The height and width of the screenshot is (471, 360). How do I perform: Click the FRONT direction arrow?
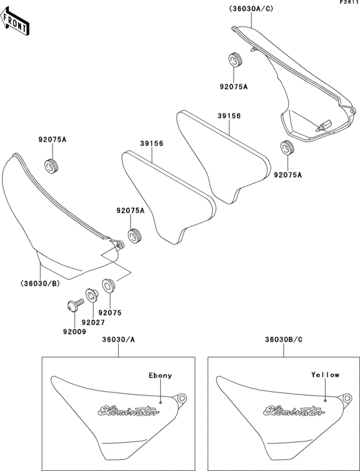(14, 22)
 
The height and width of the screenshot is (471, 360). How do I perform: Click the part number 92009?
(75, 332)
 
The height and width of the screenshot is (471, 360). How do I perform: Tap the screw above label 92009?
(75, 304)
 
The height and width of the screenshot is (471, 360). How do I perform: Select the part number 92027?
(93, 322)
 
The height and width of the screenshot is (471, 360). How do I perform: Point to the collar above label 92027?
(91, 295)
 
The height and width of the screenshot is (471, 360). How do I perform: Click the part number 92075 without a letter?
(110, 313)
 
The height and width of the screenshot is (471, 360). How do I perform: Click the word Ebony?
(161, 376)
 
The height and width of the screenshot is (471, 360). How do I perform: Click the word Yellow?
(325, 375)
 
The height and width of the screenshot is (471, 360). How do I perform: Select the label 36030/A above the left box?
(118, 340)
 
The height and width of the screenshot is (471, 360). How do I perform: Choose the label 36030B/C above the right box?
(283, 340)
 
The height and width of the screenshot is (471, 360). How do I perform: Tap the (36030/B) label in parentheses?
(40, 283)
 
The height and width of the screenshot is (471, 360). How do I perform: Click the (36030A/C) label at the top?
(251, 9)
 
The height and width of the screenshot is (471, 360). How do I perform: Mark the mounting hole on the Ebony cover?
(181, 398)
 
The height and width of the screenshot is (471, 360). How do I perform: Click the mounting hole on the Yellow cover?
(346, 398)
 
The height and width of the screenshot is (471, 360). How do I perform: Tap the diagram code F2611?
(350, 2)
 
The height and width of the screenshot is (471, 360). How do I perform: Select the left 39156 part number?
(152, 143)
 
